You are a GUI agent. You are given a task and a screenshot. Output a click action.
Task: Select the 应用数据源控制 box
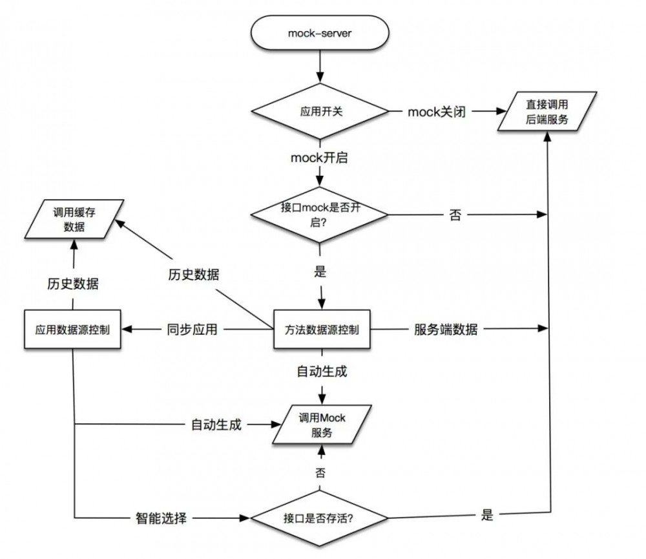[x=72, y=330]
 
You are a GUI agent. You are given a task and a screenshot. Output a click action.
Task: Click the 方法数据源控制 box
[x=321, y=330]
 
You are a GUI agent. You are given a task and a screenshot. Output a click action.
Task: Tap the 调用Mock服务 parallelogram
[x=322, y=425]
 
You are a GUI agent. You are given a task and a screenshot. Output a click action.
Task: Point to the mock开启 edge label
[x=319, y=157]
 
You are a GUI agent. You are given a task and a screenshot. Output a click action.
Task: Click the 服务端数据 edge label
[x=446, y=330]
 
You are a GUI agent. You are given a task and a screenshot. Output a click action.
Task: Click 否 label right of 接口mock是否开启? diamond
[x=455, y=216]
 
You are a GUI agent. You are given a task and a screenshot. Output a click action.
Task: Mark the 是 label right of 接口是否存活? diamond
[x=487, y=515]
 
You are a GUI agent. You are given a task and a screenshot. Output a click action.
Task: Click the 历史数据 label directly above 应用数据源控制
[x=73, y=284]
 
